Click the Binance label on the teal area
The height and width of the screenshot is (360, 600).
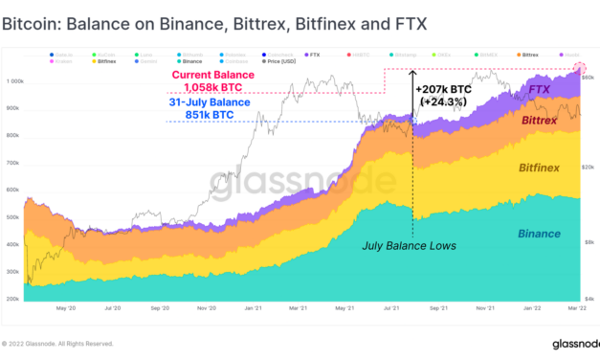tap(540, 234)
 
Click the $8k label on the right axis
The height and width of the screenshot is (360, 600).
tap(590, 244)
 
